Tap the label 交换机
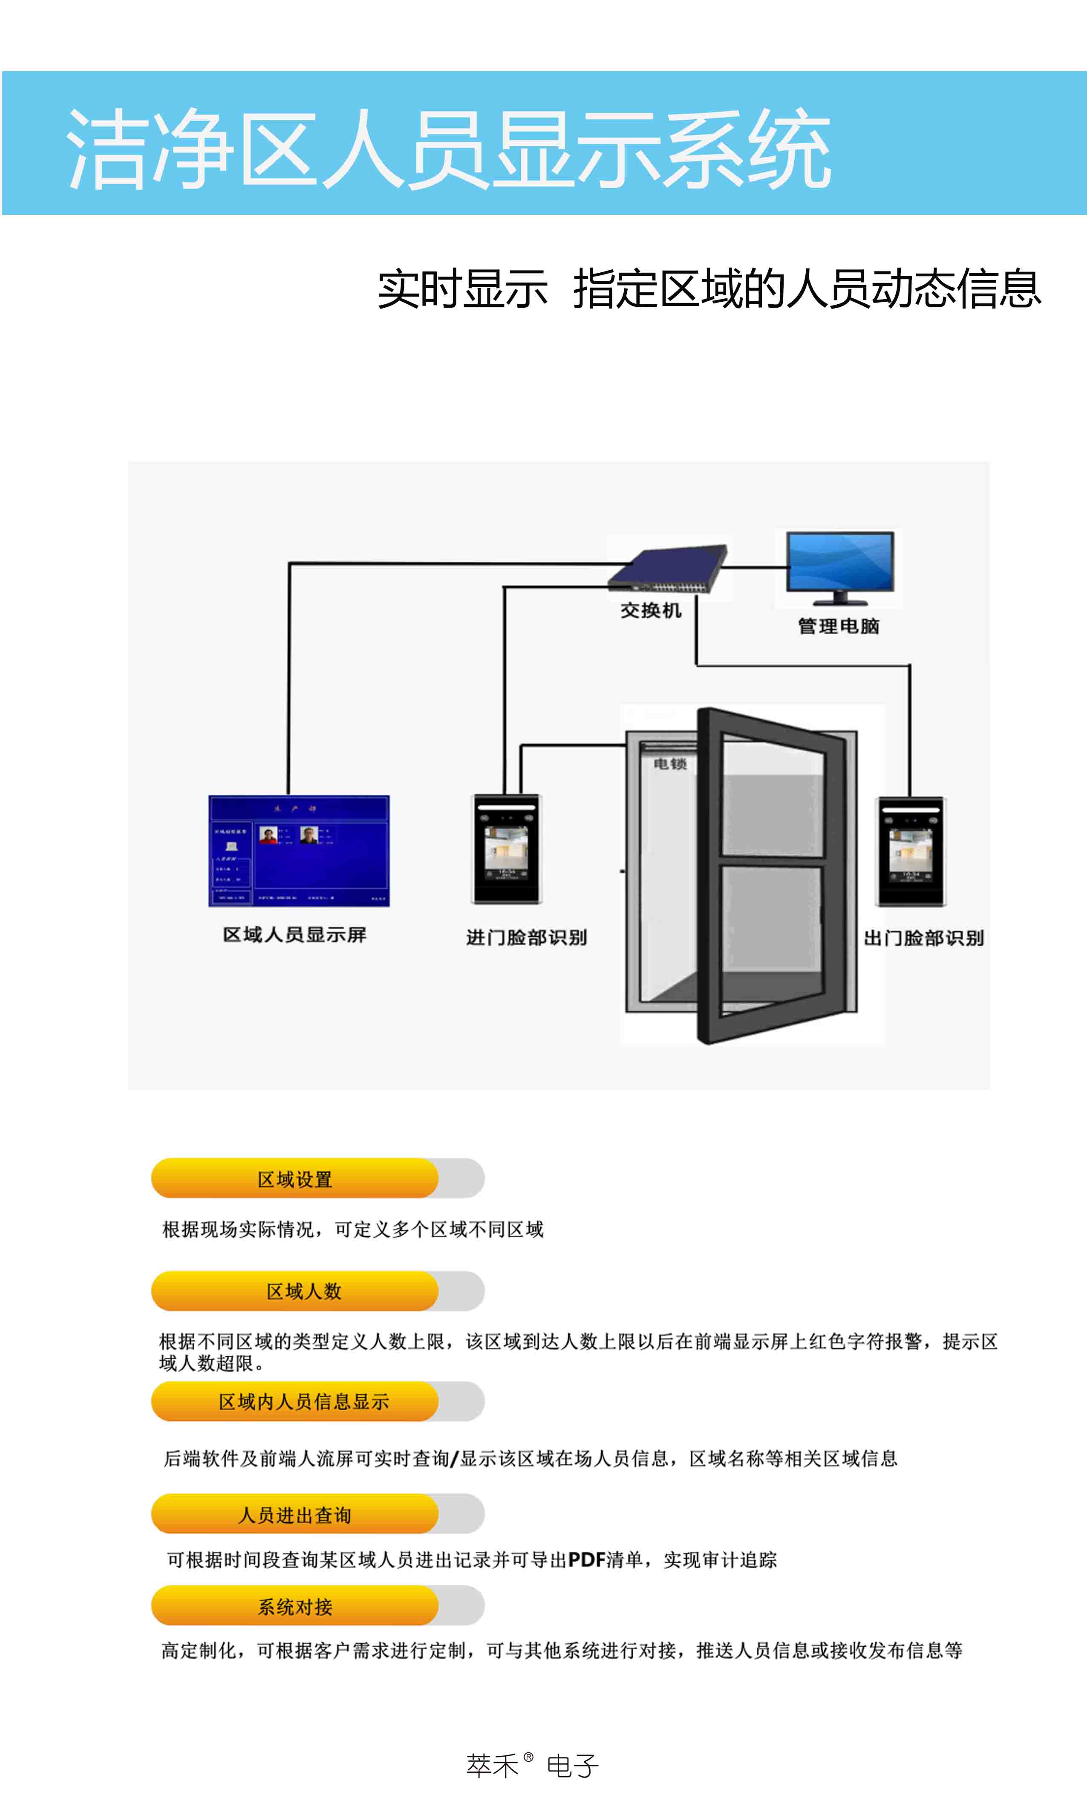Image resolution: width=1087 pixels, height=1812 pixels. [x=650, y=610]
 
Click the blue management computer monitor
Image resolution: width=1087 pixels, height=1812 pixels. [x=839, y=564]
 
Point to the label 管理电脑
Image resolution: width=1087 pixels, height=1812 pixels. [x=839, y=626]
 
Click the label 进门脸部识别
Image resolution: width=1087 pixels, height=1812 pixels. [x=527, y=938]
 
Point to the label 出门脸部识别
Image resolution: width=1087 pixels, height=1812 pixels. [x=924, y=938]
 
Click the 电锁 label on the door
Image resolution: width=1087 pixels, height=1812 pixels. [x=669, y=764]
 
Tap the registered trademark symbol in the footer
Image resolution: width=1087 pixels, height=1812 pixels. [x=529, y=1756]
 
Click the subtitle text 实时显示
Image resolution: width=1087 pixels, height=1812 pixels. [x=462, y=289]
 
